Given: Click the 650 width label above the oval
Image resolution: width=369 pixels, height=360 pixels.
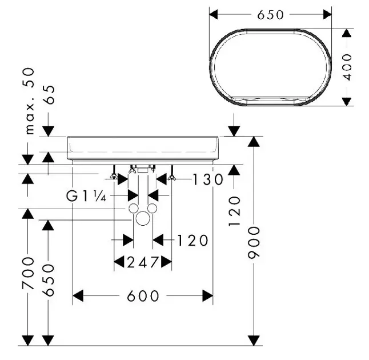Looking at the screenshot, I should pyautogui.click(x=270, y=14).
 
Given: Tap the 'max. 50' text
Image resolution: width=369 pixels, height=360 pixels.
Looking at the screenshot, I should pyautogui.click(x=30, y=101).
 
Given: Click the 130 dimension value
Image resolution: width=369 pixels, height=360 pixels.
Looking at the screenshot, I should pyautogui.click(x=192, y=179).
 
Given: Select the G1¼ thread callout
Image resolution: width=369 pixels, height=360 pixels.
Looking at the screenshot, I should pyautogui.click(x=86, y=197).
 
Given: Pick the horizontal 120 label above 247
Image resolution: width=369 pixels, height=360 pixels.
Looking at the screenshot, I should pyautogui.click(x=192, y=241).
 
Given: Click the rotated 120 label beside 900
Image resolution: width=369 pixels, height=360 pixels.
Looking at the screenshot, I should pyautogui.click(x=235, y=210).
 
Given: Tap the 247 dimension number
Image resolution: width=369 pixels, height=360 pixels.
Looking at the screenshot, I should pyautogui.click(x=143, y=263).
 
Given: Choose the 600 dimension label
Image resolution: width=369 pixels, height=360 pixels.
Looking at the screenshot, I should pyautogui.click(x=143, y=296).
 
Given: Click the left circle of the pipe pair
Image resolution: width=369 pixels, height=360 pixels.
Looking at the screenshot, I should pyautogui.click(x=133, y=209).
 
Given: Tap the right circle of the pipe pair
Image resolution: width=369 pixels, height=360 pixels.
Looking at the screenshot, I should pyautogui.click(x=152, y=209).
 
